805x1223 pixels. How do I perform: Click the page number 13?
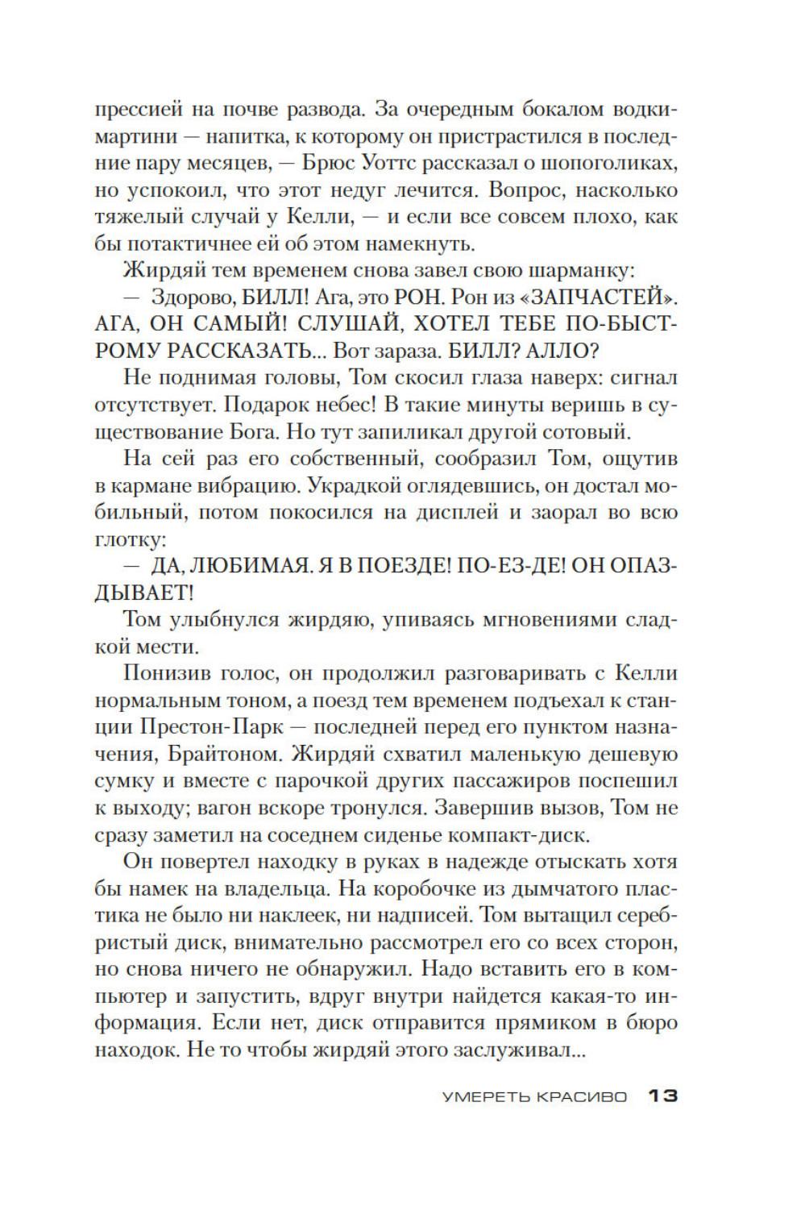pos(662,1096)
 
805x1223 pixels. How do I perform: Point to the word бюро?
pos(651,1023)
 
